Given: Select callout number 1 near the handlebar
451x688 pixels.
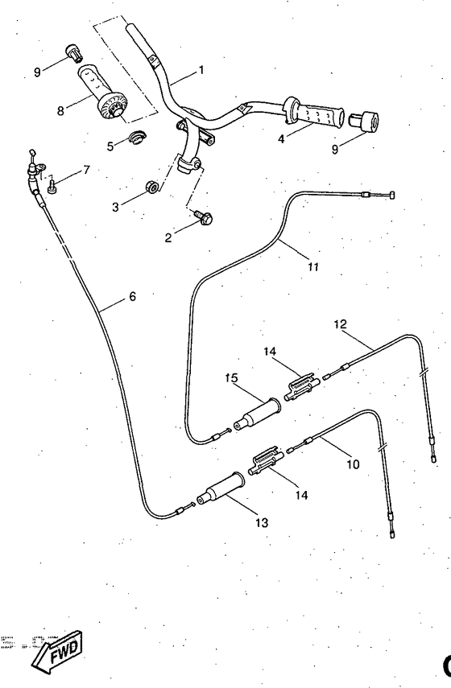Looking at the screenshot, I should coord(201,69).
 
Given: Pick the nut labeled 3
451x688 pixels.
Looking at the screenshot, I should coord(151,188).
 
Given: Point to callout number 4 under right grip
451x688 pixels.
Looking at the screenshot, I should coord(281,138).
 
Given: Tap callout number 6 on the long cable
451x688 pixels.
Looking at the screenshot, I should coord(132,296).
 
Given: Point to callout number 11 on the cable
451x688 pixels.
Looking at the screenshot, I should coord(313,266).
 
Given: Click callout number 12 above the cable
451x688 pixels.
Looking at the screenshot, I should coord(341,323).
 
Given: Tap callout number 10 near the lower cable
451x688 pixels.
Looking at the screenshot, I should coord(354,463).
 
